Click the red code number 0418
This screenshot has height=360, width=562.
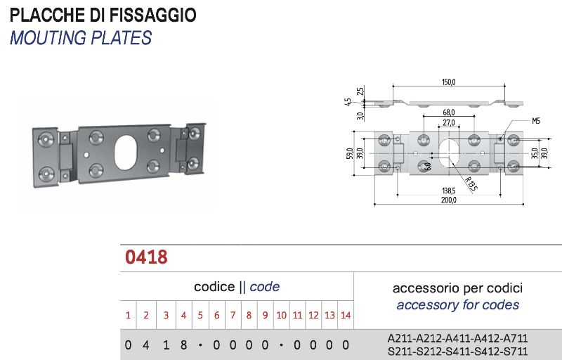pyautogui.click(x=146, y=257)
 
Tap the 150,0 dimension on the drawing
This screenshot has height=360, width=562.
pyautogui.click(x=449, y=82)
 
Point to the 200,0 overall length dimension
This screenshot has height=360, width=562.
pyautogui.click(x=449, y=200)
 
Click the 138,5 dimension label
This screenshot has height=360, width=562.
pyautogui.click(x=449, y=190)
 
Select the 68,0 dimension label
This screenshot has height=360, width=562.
pyautogui.click(x=449, y=112)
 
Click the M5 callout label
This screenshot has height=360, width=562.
pyautogui.click(x=536, y=121)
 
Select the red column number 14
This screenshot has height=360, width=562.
pyautogui.click(x=346, y=315)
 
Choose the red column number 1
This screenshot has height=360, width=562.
pyautogui.click(x=128, y=315)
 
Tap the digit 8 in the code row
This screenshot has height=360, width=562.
pyautogui.click(x=183, y=345)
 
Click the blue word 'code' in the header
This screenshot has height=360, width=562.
pyautogui.click(x=265, y=286)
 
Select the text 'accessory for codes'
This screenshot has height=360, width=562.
pyautogui.click(x=458, y=304)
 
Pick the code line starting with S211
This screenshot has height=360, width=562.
pyautogui.click(x=458, y=350)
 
